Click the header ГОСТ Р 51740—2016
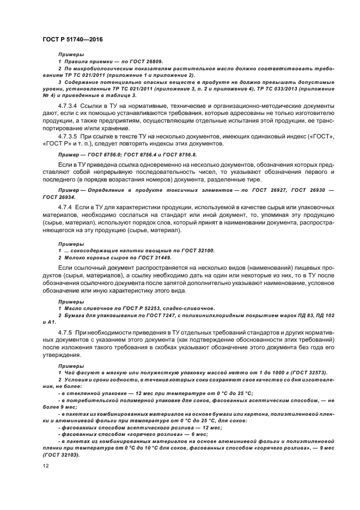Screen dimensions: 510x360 click(72, 40)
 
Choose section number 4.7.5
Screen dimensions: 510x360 click(67, 332)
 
